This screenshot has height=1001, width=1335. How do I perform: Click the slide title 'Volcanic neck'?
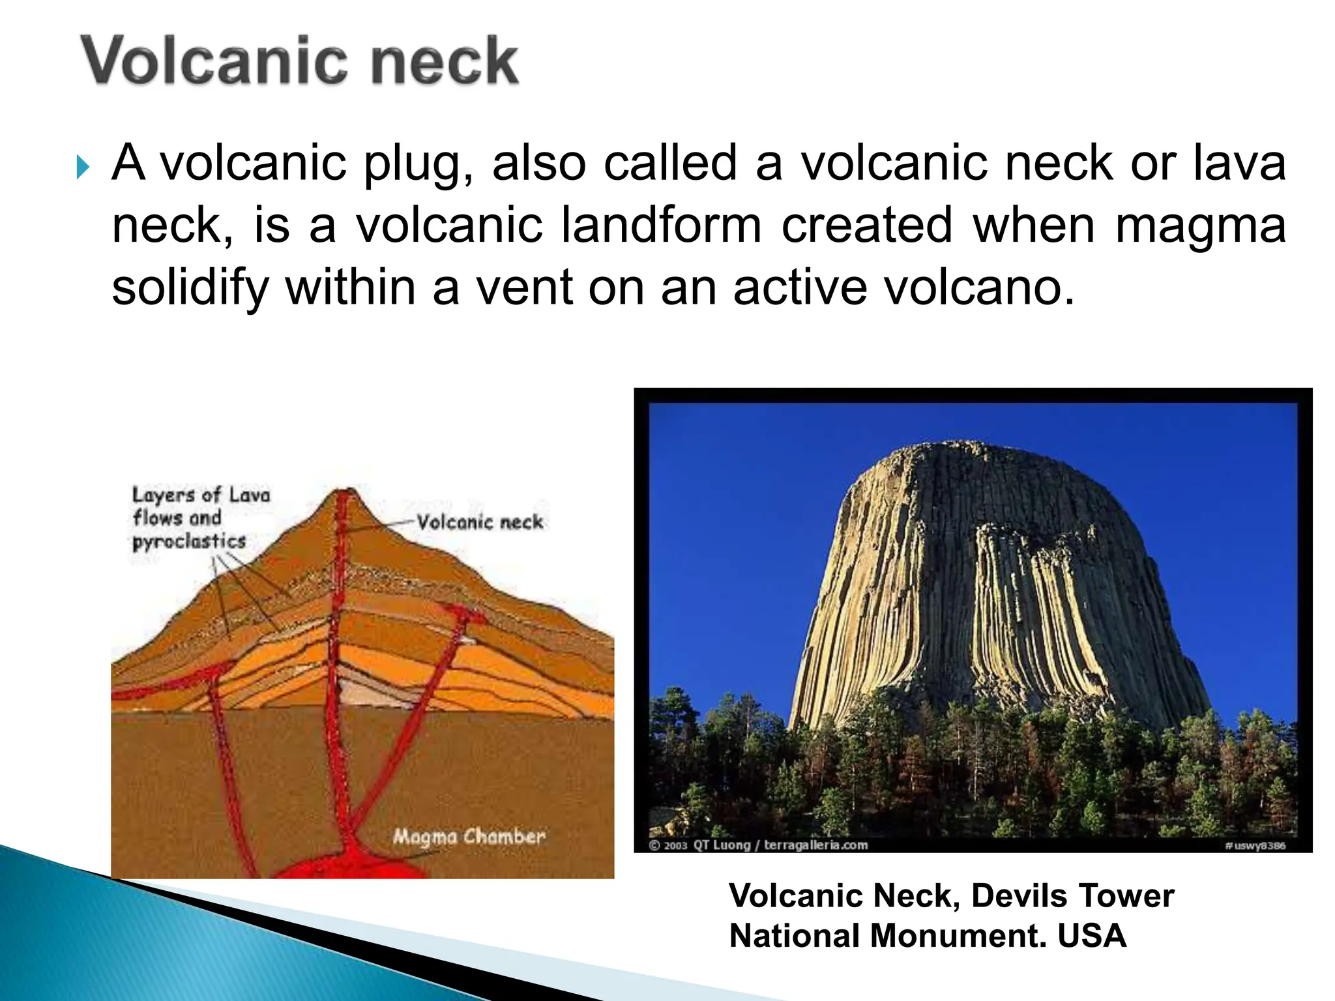point(299,61)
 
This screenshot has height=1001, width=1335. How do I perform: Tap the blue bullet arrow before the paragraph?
point(82,167)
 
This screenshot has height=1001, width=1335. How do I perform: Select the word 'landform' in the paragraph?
point(661,225)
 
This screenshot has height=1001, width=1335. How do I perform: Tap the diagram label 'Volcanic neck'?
point(480,522)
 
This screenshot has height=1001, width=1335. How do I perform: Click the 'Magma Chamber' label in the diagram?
point(469,836)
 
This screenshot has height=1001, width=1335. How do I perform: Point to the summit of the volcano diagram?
point(349,491)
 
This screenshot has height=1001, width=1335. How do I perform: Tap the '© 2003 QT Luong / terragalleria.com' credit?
point(759,845)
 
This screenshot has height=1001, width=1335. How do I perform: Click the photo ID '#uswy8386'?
point(1255,846)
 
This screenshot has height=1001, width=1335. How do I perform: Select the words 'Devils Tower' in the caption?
point(1073,895)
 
